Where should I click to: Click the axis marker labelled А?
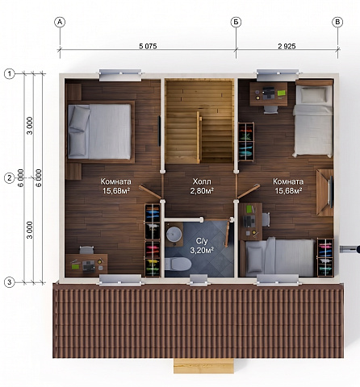click(x=60, y=22)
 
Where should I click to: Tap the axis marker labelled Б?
click(x=236, y=22)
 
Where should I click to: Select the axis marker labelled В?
click(x=337, y=22)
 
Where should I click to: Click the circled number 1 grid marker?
click(x=10, y=73)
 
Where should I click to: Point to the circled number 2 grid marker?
click(x=10, y=178)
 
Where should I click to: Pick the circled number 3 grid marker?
click(x=10, y=282)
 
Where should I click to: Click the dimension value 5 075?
click(x=148, y=46)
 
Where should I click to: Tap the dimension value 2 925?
click(x=287, y=46)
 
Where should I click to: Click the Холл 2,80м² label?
click(x=202, y=186)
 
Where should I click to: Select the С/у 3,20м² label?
click(x=202, y=246)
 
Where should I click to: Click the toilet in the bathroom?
click(x=178, y=264)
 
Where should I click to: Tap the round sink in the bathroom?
click(x=174, y=235)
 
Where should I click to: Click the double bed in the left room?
click(x=101, y=131)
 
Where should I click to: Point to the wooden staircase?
click(x=199, y=121)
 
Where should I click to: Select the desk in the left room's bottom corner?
click(x=86, y=264)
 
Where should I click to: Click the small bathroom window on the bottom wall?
click(x=199, y=281)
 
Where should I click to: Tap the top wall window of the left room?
click(x=120, y=75)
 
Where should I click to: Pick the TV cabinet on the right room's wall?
click(x=325, y=193)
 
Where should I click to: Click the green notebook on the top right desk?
click(x=281, y=94)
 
